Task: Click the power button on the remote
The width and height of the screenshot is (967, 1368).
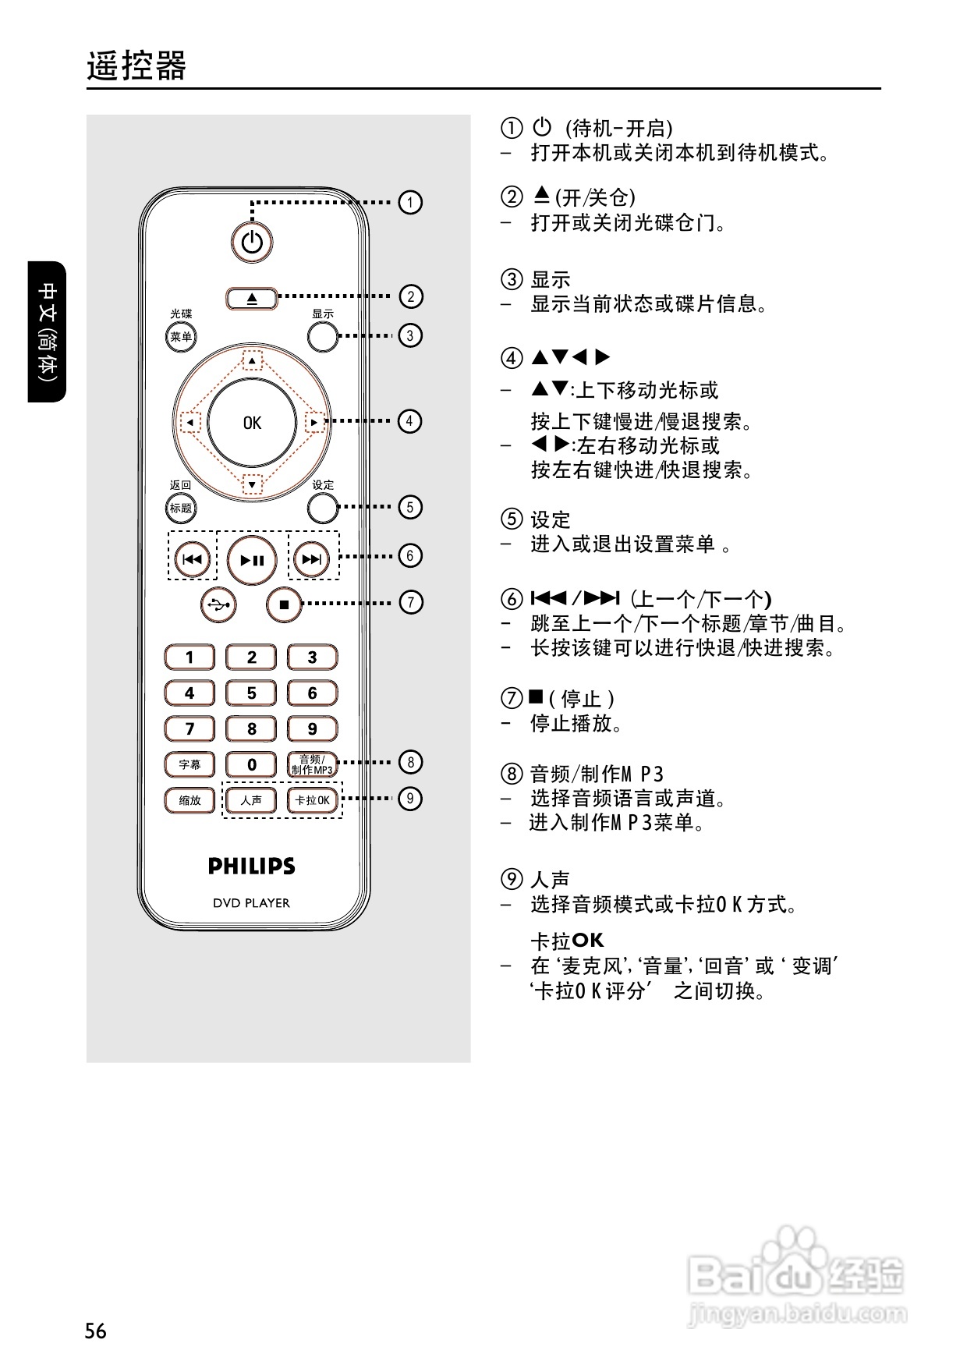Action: coord(252,243)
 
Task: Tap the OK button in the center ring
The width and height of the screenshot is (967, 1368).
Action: coord(252,423)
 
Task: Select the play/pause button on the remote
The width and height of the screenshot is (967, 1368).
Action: coord(252,559)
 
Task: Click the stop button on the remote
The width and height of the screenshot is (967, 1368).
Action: coord(284,604)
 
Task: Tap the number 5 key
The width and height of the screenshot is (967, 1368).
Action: coord(251,693)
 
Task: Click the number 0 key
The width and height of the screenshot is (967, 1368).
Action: coord(251,764)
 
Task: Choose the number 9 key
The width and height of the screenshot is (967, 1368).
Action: coord(312,728)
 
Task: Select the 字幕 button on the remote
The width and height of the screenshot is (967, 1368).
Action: coord(190,764)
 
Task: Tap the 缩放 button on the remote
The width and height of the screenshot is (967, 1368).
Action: coord(190,800)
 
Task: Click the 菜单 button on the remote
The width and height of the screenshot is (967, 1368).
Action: coord(181,337)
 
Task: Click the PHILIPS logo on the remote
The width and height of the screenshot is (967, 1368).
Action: coord(251,866)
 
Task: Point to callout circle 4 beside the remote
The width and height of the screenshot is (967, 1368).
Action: coord(409,421)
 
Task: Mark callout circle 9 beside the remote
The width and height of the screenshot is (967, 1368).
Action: coord(409,798)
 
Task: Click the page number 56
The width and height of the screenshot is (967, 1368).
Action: coord(96,1331)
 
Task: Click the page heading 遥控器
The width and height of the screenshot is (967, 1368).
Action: coord(136,66)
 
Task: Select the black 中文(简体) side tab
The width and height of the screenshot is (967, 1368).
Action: coord(48,331)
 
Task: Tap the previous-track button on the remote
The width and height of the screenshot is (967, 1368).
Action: coord(192,559)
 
